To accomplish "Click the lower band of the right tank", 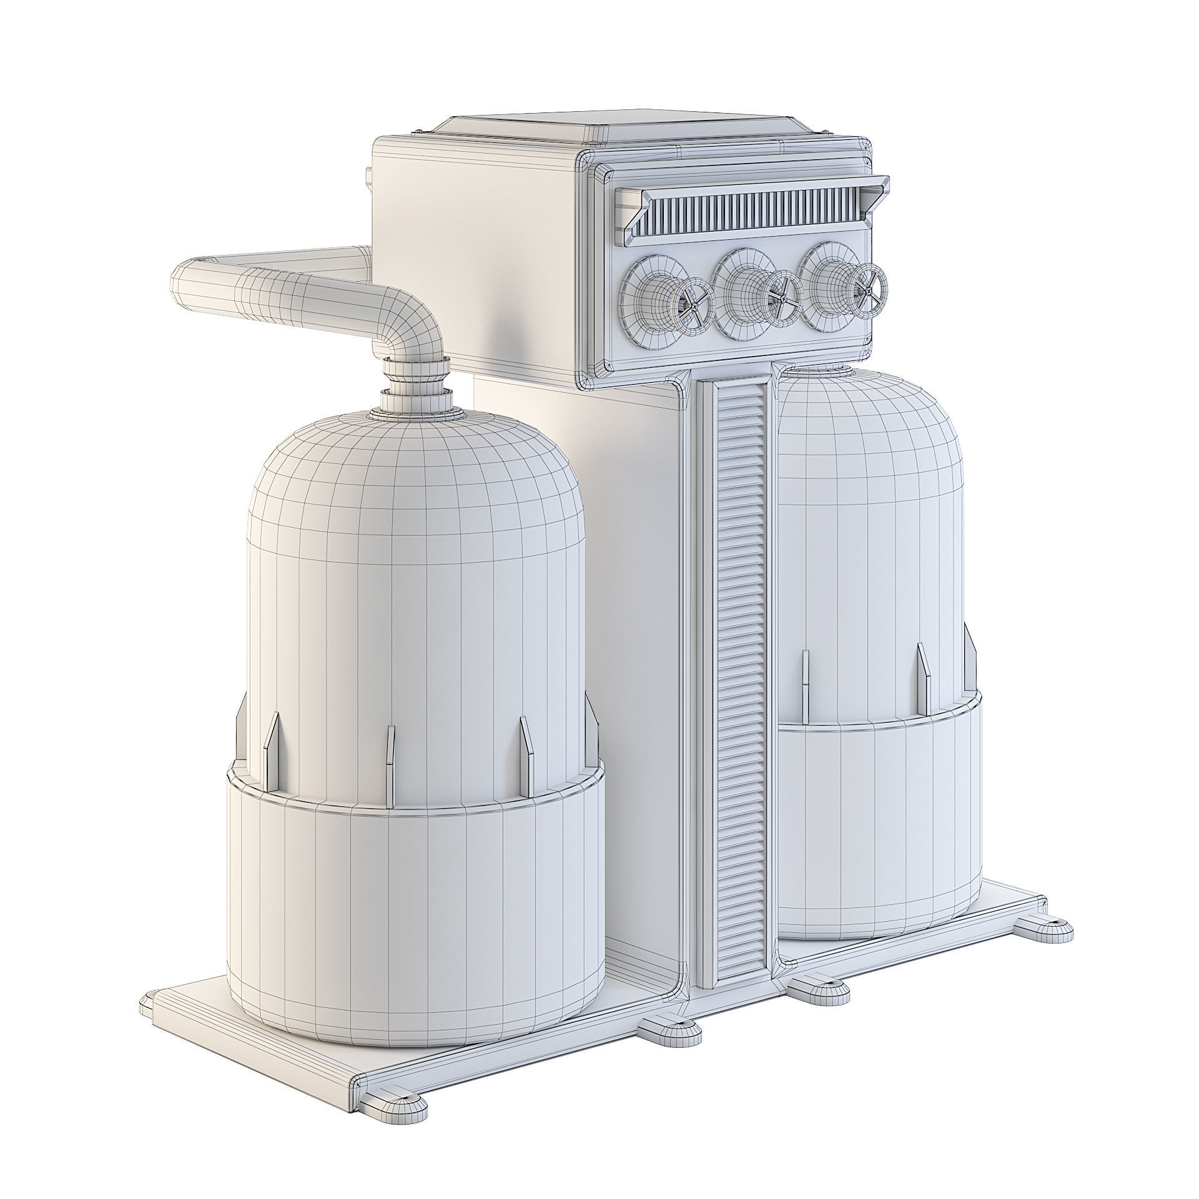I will (x=874, y=812).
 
